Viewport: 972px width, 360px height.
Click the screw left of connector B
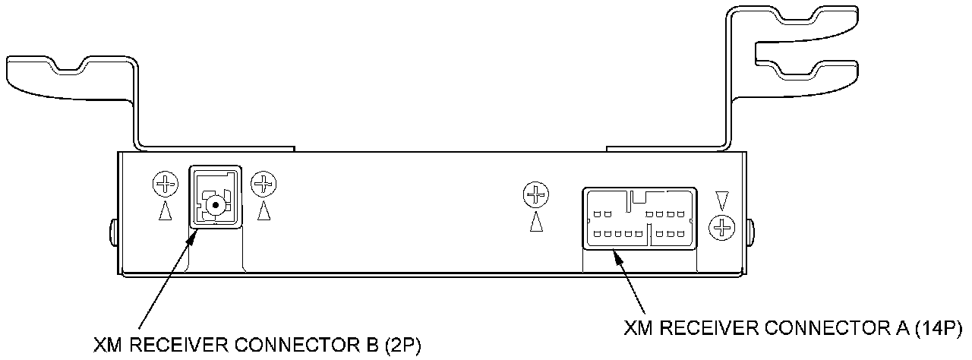[x=165, y=184]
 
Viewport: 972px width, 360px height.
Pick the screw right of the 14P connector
[x=722, y=226]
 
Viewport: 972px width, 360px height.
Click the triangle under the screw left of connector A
[x=536, y=220]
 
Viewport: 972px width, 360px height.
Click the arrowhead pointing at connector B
[x=192, y=231]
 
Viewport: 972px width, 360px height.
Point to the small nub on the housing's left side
[x=114, y=231]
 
